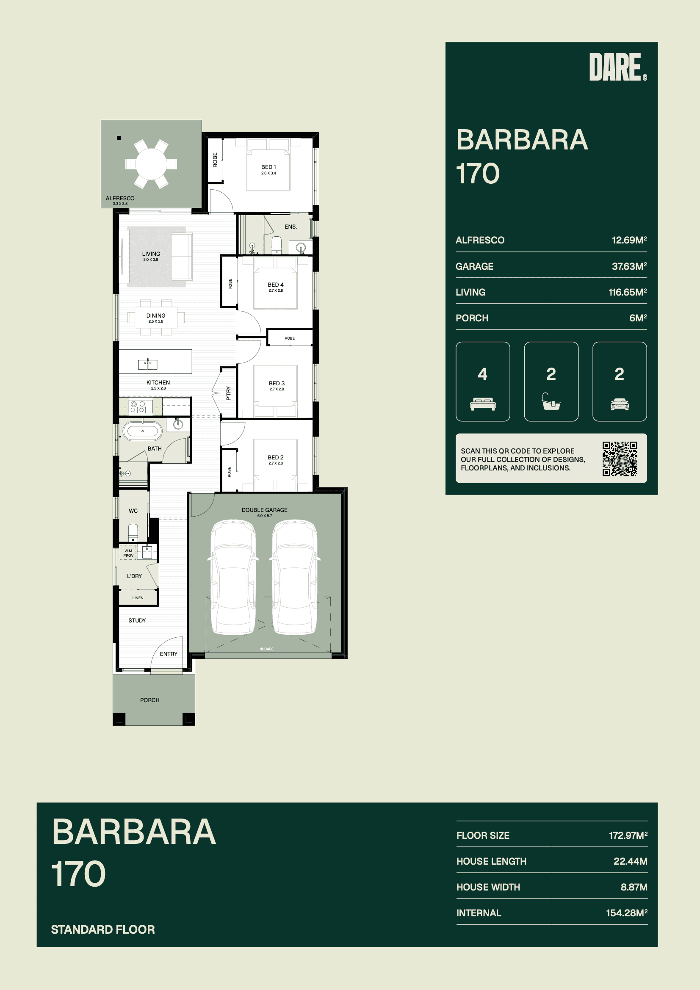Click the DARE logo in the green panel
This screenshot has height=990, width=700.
(x=617, y=67)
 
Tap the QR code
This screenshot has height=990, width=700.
(x=620, y=458)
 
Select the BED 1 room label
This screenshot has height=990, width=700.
(x=268, y=167)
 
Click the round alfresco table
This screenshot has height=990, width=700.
(x=151, y=164)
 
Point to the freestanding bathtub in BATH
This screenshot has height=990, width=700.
(x=143, y=431)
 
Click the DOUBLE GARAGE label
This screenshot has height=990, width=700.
(x=264, y=510)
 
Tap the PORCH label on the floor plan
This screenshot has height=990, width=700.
(x=149, y=700)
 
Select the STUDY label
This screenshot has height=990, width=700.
(x=137, y=620)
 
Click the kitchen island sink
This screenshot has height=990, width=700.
(x=147, y=364)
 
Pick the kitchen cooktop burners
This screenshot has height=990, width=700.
(x=138, y=407)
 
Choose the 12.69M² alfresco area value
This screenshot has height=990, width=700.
(x=629, y=240)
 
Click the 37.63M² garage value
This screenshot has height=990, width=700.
(x=629, y=266)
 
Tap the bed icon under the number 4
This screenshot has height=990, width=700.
(x=483, y=404)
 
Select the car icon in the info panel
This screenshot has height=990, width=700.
(x=620, y=404)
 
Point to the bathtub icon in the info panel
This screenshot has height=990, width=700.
(x=551, y=401)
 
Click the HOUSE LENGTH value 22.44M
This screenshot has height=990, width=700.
(x=631, y=861)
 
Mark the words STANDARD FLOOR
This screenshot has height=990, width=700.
(x=102, y=929)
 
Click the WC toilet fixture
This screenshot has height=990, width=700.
(x=133, y=532)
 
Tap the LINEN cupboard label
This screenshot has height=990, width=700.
(x=138, y=597)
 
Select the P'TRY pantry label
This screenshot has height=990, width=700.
(x=228, y=393)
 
